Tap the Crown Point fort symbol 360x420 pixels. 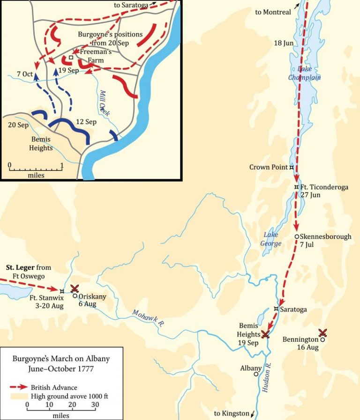(x=292, y=167)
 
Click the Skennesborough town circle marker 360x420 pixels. (x=296, y=236)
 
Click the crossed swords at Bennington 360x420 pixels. (x=322, y=332)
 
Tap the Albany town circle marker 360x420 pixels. (x=256, y=374)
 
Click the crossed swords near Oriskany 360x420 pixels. (x=75, y=288)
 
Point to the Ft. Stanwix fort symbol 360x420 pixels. (x=62, y=291)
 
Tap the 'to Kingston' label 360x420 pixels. (x=232, y=413)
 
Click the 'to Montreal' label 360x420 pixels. (x=273, y=12)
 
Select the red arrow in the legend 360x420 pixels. (x=19, y=387)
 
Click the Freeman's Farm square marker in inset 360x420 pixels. (x=71, y=58)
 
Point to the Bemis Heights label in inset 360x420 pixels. (x=41, y=144)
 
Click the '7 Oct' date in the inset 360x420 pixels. (x=24, y=74)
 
